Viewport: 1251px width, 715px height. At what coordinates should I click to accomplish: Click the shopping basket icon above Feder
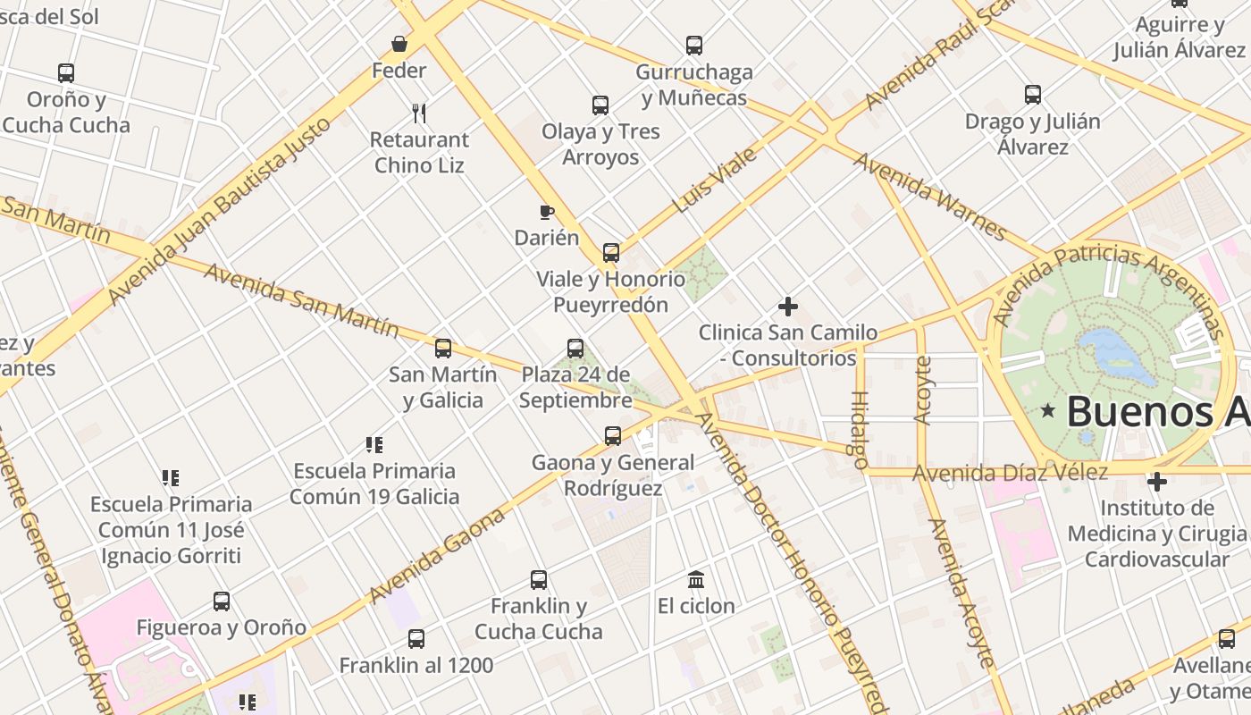point(399,44)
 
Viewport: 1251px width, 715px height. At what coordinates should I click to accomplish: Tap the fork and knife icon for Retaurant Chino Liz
point(419,113)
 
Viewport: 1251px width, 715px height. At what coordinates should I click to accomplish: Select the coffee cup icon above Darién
point(547,212)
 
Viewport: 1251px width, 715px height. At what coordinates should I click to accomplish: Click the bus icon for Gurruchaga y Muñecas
point(694,45)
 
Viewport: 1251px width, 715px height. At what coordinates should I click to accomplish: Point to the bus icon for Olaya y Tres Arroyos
point(600,105)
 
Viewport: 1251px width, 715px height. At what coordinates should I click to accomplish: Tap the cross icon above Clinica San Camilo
point(787,307)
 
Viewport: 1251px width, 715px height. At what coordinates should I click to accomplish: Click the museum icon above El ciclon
point(696,579)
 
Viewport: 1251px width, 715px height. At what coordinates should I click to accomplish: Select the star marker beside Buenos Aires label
point(1047,411)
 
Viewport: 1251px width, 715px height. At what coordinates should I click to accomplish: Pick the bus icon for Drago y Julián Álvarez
point(1033,94)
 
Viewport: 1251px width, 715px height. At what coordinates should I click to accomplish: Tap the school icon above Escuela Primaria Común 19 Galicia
point(374,444)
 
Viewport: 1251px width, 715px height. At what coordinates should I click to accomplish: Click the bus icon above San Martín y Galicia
point(443,349)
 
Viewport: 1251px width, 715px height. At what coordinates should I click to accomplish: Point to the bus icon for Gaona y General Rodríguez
point(613,436)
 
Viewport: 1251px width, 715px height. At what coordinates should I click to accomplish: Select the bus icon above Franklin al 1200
point(416,639)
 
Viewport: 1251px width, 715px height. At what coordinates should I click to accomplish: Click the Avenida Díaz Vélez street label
point(1010,472)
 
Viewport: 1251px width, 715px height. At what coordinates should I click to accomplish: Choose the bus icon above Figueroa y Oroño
point(222,601)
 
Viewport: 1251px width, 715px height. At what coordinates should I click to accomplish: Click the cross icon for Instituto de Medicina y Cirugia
point(1157,482)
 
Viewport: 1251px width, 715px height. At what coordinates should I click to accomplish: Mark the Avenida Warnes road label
point(930,197)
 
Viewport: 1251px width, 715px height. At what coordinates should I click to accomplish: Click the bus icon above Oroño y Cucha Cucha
point(66,73)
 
